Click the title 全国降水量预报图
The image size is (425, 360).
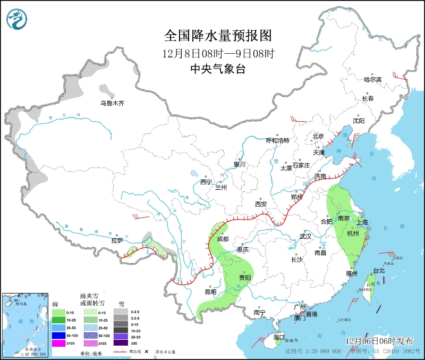(x=218, y=36)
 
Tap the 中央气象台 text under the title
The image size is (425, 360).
(x=218, y=69)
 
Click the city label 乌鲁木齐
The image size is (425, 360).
(x=112, y=104)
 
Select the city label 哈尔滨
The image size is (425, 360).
(x=372, y=79)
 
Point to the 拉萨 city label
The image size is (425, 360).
(x=117, y=240)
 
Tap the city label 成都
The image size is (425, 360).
(x=223, y=239)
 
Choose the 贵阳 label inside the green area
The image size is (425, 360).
(x=245, y=278)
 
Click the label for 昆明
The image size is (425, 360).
(x=211, y=292)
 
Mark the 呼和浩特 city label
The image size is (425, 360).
(x=277, y=140)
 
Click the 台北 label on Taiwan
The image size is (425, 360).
(x=379, y=271)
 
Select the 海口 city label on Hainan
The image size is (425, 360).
(x=279, y=337)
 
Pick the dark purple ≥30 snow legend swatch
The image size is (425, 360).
(x=123, y=343)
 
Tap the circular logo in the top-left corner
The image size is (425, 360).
(x=17, y=20)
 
